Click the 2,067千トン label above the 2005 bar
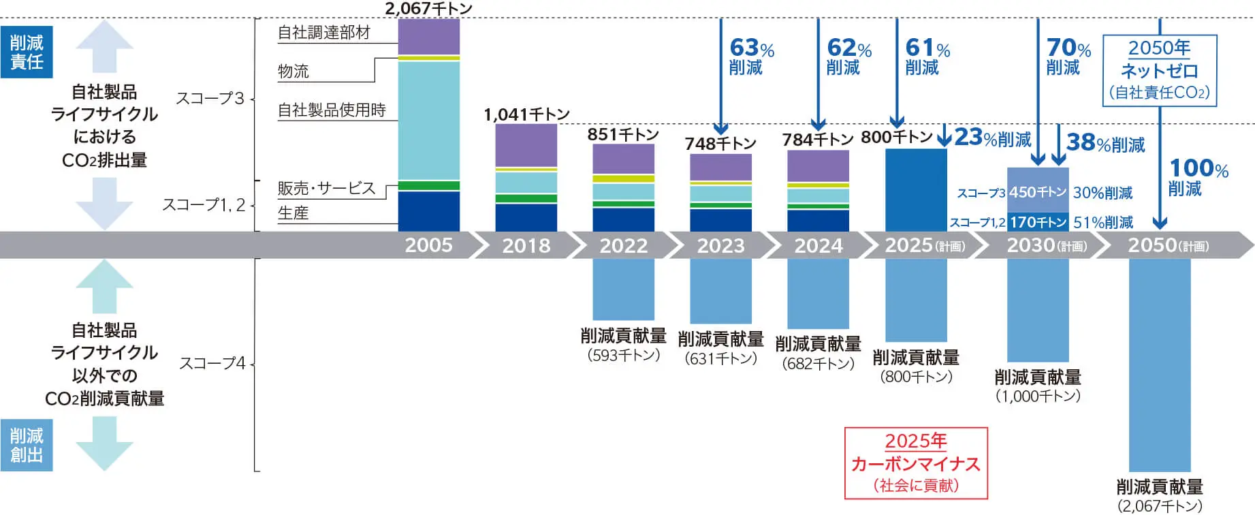click(x=428, y=9)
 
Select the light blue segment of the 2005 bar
click(x=428, y=120)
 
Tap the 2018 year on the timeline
click(x=526, y=245)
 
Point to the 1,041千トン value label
click(x=526, y=114)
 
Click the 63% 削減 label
click(x=751, y=57)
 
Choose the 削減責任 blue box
click(x=27, y=52)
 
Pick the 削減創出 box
click(x=27, y=446)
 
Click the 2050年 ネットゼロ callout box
click(x=1159, y=71)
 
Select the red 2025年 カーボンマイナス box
click(x=916, y=463)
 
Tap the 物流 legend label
click(x=293, y=72)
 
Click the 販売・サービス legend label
click(x=326, y=189)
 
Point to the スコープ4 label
click(x=212, y=364)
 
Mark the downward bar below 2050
click(x=1159, y=364)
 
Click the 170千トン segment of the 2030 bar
click(x=1038, y=222)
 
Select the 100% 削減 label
click(x=1198, y=177)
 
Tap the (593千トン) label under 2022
click(x=623, y=355)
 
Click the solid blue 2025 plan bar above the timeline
click(x=916, y=189)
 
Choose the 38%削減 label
click(x=1105, y=143)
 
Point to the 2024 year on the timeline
click(x=818, y=245)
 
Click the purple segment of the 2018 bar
click(x=526, y=145)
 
